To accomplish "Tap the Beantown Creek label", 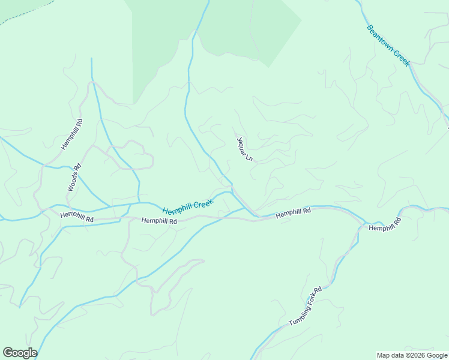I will tap(388, 45).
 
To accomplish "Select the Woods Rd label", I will tap(73, 178).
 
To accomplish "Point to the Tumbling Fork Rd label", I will tap(305, 307).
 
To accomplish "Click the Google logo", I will tap(20, 353).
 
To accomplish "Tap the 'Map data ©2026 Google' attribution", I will tap(411, 355).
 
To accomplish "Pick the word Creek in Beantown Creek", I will tap(401, 58).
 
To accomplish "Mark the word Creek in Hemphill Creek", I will tap(202, 204).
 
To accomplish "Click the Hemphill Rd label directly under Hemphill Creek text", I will tap(159, 221).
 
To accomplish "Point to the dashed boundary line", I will tap(24, 13).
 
